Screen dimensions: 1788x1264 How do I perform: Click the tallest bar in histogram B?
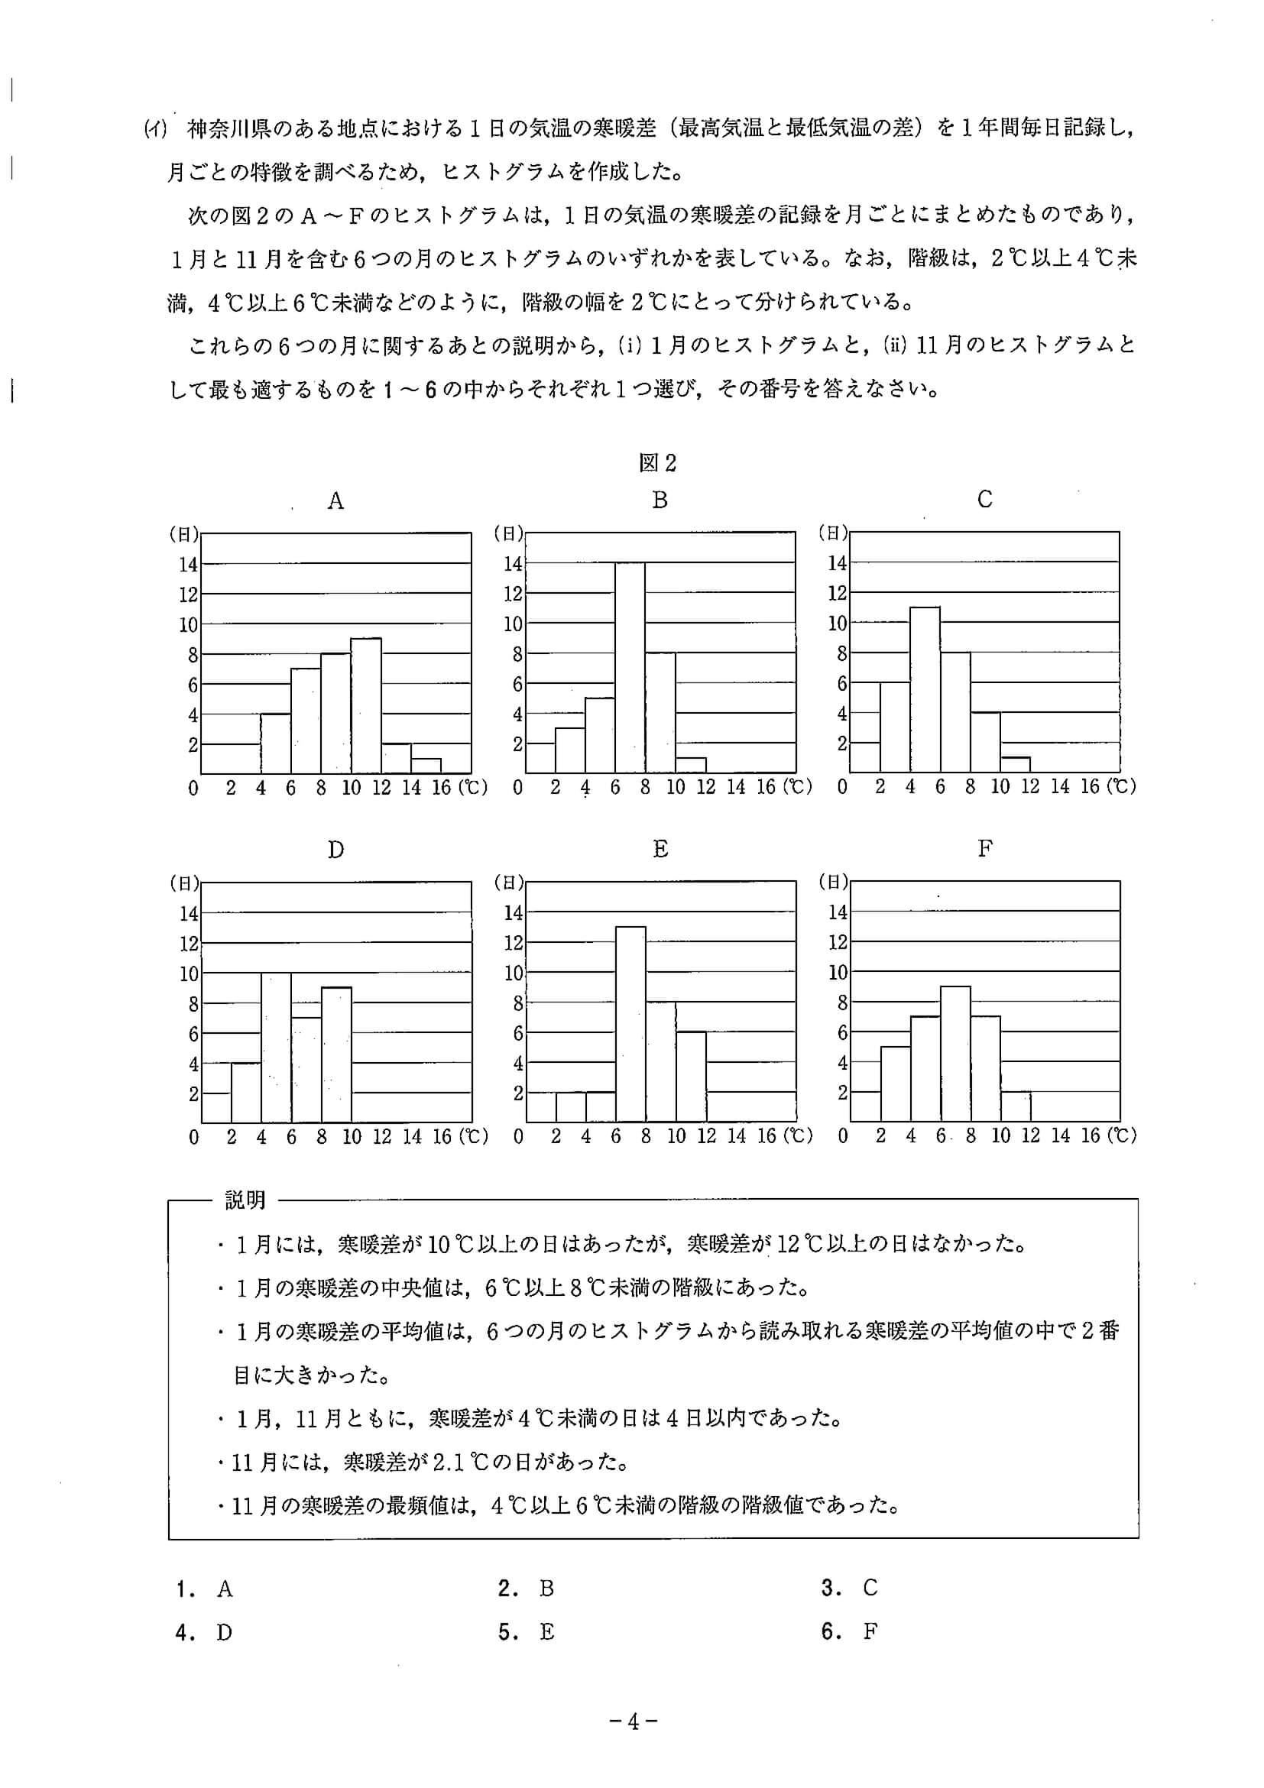[629, 667]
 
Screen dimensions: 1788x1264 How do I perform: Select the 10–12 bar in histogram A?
[366, 705]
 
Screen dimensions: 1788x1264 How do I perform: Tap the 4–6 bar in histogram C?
[925, 689]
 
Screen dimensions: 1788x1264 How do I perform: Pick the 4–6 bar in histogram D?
[276, 1048]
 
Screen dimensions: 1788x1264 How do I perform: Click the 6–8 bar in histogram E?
[630, 1024]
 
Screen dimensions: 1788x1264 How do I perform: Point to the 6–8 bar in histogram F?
[954, 1054]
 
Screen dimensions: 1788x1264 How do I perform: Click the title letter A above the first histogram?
[335, 500]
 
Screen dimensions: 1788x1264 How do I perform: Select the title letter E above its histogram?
[660, 849]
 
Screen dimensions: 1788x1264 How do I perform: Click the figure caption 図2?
[657, 463]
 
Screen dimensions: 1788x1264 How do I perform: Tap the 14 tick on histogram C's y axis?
[837, 563]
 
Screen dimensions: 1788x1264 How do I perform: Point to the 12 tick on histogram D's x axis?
[381, 1137]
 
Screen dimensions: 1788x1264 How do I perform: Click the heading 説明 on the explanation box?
[245, 1200]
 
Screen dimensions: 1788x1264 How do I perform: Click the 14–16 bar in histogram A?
[426, 766]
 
